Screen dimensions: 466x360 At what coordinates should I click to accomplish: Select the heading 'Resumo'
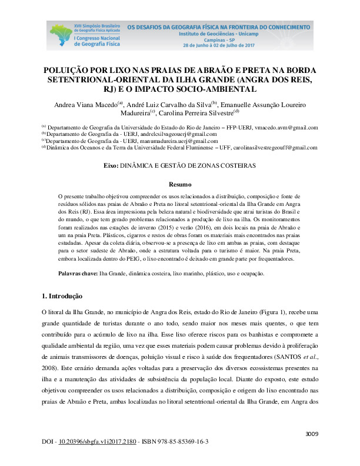pyautogui.click(x=180, y=184)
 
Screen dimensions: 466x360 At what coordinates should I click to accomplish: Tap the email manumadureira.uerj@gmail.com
pyautogui.click(x=183, y=141)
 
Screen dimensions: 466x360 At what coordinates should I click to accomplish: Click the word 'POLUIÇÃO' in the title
pyautogui.click(x=68, y=69)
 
